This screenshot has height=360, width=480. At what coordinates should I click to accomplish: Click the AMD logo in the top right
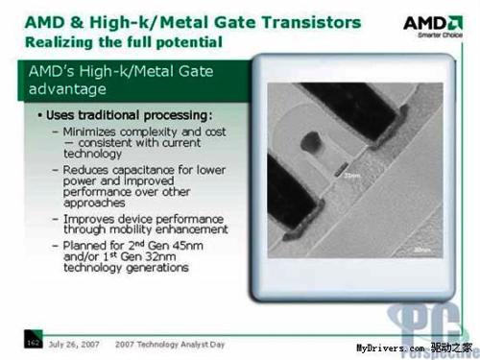pyautogui.click(x=435, y=24)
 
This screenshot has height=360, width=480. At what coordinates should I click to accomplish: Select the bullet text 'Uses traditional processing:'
pyautogui.click(x=108, y=116)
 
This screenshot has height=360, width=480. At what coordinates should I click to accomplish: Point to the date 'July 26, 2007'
pyautogui.click(x=74, y=344)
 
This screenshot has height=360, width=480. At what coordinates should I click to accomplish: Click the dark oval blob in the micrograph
pyautogui.click(x=310, y=145)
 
